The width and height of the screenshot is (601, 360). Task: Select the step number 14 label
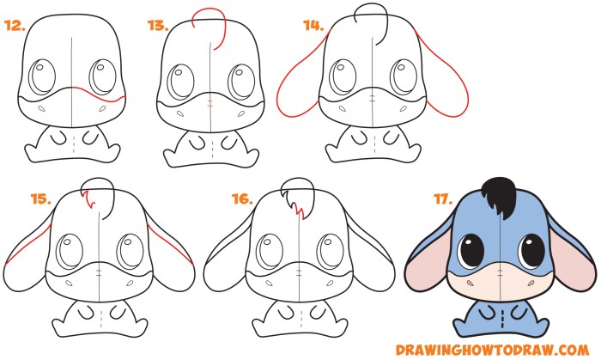pos(312,26)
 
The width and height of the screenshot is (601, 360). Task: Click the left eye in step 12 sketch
pos(40,81)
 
